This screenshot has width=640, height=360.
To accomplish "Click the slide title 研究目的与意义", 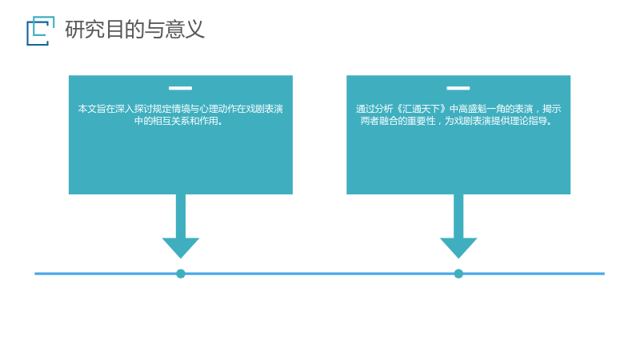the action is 134,30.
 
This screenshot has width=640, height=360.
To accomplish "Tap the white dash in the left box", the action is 181,88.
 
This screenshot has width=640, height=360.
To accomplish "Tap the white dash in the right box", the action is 458,88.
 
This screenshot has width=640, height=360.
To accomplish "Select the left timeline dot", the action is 181,274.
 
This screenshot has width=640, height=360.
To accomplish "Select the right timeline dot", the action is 458,274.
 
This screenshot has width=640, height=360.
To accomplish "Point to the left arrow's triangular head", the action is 181,247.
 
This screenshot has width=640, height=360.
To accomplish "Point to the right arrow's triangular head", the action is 458,247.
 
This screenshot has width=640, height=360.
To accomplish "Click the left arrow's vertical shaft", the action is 181,216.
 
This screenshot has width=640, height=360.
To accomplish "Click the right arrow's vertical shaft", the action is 458,216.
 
